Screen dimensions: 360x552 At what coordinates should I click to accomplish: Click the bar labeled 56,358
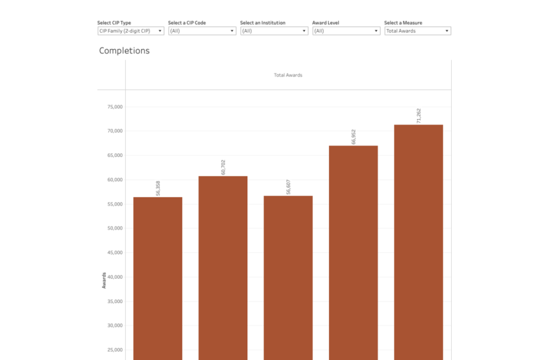click(157, 278)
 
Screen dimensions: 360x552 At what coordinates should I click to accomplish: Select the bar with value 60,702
click(223, 267)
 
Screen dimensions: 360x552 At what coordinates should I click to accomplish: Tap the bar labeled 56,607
click(288, 278)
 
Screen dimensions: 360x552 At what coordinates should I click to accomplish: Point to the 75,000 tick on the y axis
click(115, 107)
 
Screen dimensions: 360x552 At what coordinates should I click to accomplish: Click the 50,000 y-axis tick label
click(115, 229)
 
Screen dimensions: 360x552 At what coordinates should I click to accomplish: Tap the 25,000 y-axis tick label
click(115, 350)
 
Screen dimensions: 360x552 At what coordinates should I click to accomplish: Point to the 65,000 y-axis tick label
click(115, 155)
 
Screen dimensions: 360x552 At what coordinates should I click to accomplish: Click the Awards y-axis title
click(104, 280)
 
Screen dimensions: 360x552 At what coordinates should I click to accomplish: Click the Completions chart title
click(124, 51)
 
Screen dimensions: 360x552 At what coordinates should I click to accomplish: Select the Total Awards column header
click(288, 75)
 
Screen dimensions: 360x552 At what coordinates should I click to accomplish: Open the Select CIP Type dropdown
click(130, 31)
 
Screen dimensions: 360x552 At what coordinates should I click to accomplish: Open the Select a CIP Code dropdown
click(202, 31)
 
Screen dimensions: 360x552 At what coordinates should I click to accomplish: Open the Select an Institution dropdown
click(274, 31)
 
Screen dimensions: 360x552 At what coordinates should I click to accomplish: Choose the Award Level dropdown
click(346, 31)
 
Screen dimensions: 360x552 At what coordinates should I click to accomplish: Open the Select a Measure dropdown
click(418, 31)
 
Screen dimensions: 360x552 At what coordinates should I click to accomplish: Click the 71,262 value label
click(419, 116)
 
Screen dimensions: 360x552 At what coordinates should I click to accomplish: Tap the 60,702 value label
click(223, 167)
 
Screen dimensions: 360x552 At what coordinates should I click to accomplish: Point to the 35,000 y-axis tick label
click(115, 301)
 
